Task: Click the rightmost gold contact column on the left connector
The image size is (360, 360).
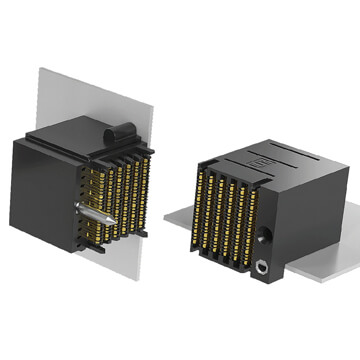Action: point(147,190)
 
